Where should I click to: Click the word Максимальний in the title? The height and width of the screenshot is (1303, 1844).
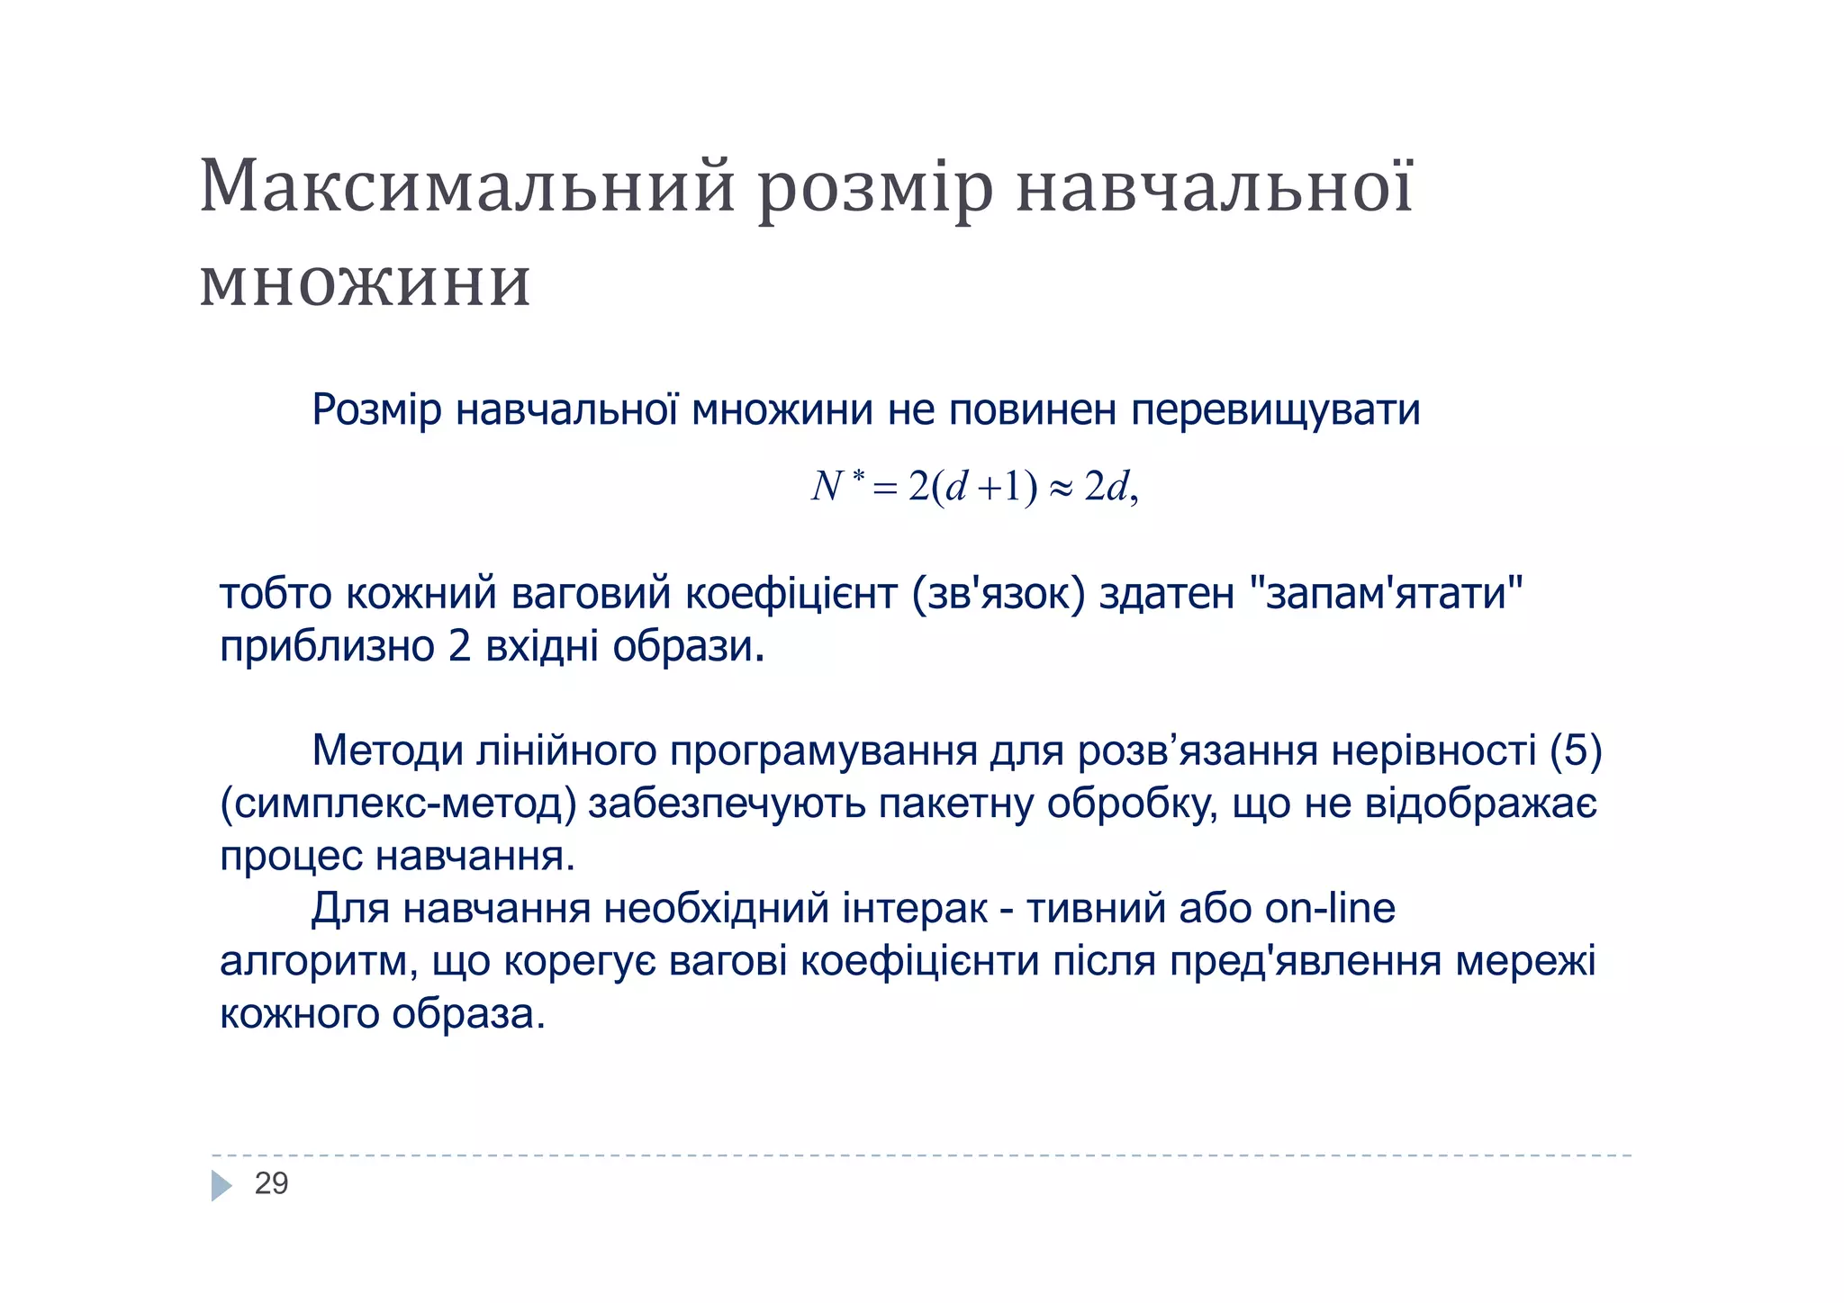tap(467, 187)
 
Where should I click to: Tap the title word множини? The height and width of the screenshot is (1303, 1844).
tap(365, 283)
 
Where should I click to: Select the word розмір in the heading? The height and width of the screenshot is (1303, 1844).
tap(875, 189)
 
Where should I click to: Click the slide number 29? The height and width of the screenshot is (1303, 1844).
tap(271, 1183)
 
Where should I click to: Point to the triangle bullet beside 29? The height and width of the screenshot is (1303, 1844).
tap(221, 1185)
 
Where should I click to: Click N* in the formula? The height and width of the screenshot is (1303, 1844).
tap(836, 486)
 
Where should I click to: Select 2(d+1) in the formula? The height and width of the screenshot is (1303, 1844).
tap(972, 487)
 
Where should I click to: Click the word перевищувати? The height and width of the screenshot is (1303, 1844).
tap(1275, 410)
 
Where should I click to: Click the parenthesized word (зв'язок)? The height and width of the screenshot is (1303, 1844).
tap(999, 595)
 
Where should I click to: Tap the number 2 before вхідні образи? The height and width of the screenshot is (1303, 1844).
tap(459, 646)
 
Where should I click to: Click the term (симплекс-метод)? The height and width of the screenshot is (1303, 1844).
tap(398, 804)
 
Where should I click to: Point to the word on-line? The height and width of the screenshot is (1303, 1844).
tap(1330, 909)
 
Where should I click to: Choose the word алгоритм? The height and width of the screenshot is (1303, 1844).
tap(319, 961)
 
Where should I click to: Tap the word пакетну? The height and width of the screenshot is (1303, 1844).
tap(955, 803)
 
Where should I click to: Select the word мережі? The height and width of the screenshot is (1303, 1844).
tap(1525, 961)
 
